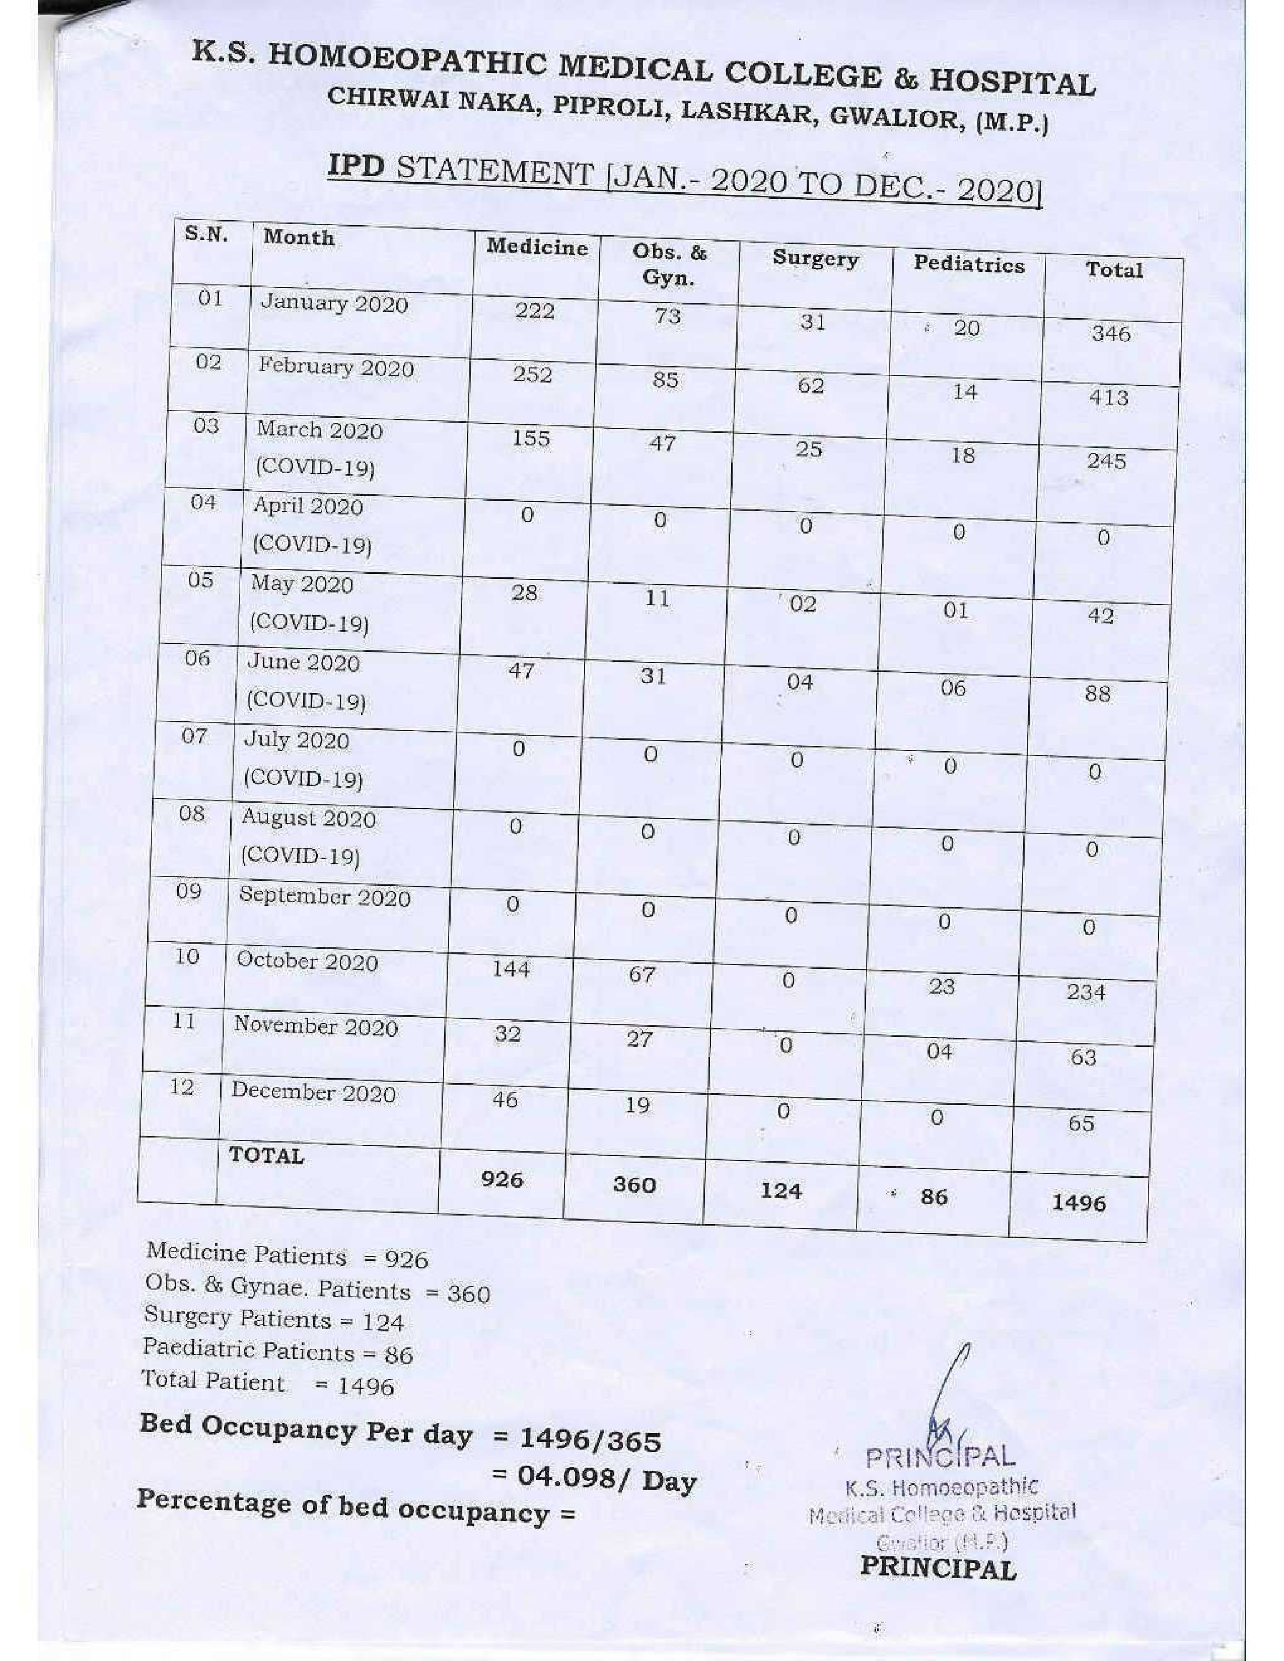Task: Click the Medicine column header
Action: [537, 248]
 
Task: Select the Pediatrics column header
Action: [968, 265]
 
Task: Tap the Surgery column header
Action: [815, 259]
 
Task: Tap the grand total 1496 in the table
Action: [1079, 1202]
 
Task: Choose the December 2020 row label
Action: [313, 1092]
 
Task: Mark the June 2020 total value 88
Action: [1098, 693]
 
